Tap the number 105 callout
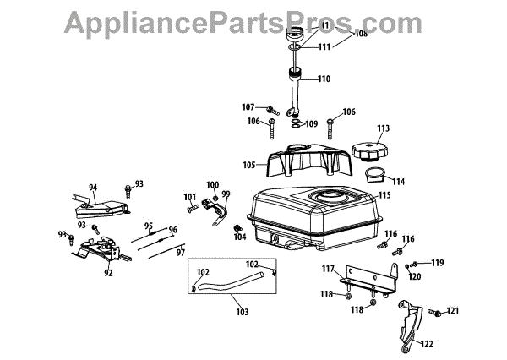(249, 165)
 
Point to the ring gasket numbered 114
(375, 176)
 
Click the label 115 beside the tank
(384, 195)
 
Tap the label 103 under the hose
(242, 313)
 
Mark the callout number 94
(93, 188)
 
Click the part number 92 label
(108, 273)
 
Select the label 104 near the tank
(240, 237)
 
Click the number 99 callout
(226, 194)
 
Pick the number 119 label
(437, 263)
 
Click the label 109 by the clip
(311, 124)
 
